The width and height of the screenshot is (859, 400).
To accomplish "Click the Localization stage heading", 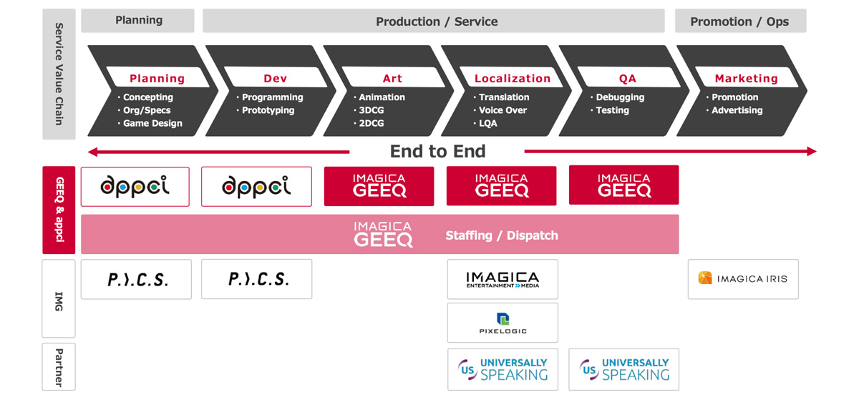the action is coord(513,79).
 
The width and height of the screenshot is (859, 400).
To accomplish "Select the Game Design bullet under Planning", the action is coord(152,123).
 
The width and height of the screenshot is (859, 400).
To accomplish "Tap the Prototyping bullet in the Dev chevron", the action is coord(268,110).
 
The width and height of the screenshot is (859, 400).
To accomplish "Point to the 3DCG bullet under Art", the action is coord(372,110).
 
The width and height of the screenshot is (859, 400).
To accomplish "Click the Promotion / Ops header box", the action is coord(740,21).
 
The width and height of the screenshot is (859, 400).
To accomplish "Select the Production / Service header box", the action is coord(434,21).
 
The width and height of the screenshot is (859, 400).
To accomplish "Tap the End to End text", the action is coord(437,152).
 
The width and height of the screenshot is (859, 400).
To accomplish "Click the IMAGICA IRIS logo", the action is coord(743,279).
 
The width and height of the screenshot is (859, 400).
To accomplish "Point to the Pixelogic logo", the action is coord(503,323).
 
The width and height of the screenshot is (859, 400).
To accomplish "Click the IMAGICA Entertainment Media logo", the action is coord(503,280).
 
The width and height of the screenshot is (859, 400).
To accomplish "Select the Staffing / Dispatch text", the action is coord(502,235).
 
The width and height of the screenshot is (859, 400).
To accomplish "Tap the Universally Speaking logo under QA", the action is coord(624,370).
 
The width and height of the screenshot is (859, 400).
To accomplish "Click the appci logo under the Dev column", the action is coord(256,187).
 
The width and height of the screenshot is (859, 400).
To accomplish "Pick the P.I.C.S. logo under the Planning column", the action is coord(137,280).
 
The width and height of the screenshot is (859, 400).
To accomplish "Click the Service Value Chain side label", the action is coord(59,74).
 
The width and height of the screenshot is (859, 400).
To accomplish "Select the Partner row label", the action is coord(59,367).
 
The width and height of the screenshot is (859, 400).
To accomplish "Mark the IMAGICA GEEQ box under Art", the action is coord(379,186).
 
